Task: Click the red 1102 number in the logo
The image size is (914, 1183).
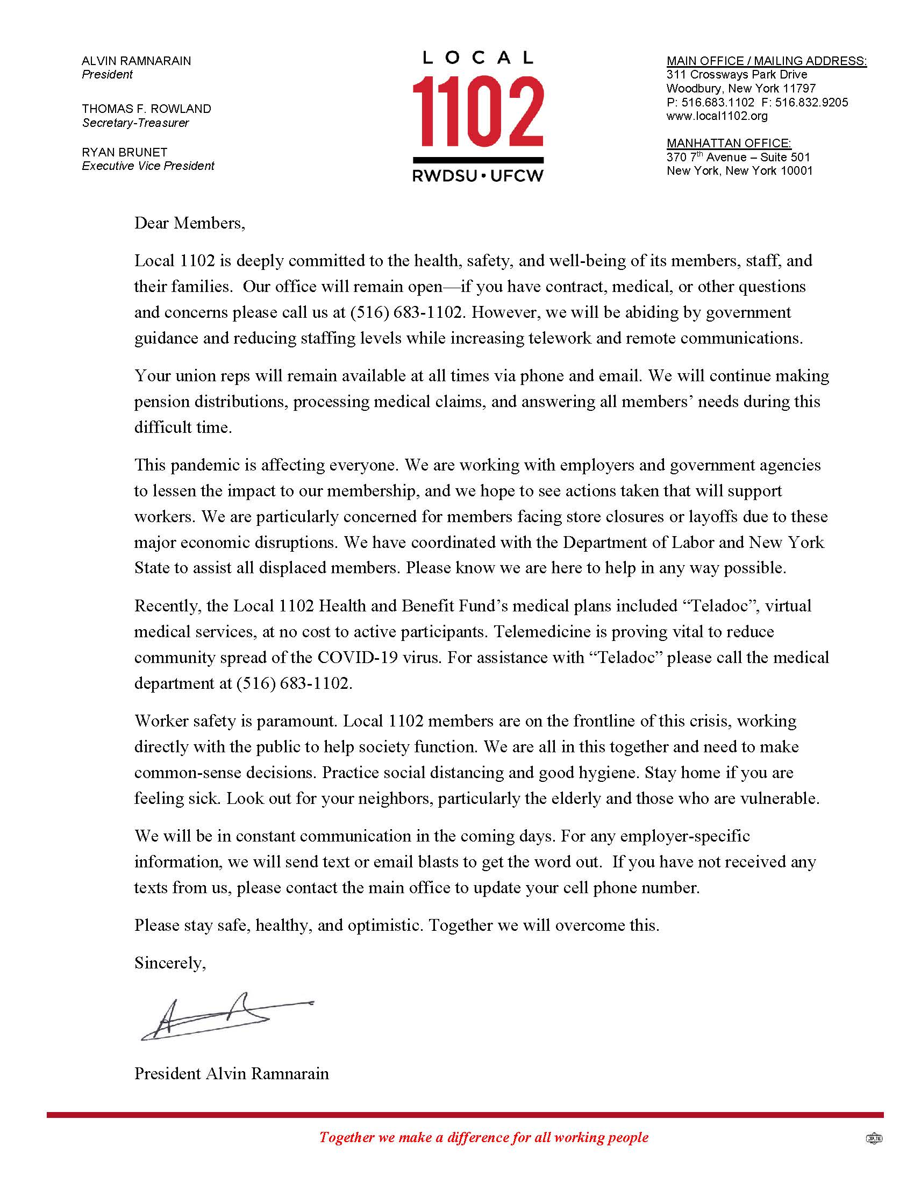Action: [477, 112]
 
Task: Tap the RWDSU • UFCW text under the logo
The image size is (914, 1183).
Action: [477, 176]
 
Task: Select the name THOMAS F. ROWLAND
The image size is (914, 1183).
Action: [146, 108]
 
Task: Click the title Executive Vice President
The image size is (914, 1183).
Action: [148, 166]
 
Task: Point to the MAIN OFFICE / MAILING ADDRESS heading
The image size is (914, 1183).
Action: [766, 61]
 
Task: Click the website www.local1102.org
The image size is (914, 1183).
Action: [717, 116]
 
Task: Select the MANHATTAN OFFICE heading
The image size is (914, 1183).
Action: [729, 143]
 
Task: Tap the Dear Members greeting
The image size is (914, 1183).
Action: [189, 223]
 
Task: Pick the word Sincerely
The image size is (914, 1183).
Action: [169, 963]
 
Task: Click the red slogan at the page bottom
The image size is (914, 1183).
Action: [483, 1137]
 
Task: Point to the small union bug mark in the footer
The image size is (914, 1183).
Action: [874, 1138]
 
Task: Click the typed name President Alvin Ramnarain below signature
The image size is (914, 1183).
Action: [231, 1074]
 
